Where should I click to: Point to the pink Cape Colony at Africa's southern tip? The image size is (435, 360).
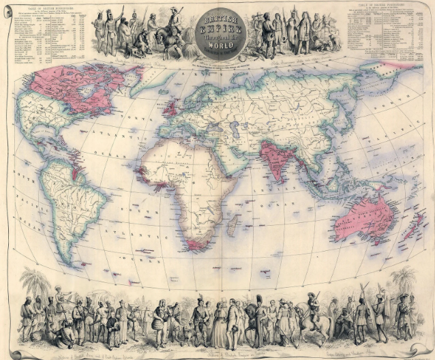tap(196, 245)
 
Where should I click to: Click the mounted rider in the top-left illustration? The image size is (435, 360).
tap(173, 27)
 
